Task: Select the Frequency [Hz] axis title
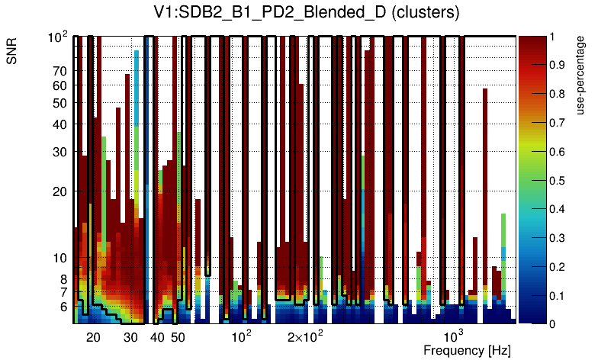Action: pyautogui.click(x=467, y=350)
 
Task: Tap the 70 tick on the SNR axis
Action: pyautogui.click(x=59, y=71)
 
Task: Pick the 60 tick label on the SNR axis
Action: pyautogui.click(x=59, y=85)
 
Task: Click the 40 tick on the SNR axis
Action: pyautogui.click(x=59, y=124)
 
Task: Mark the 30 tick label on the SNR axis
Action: pyautogui.click(x=59, y=152)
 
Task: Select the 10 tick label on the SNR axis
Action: pyautogui.click(x=59, y=258)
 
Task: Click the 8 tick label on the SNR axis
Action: pyautogui.click(x=63, y=279)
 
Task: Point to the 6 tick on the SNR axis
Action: pyautogui.click(x=63, y=307)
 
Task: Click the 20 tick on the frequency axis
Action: pyautogui.click(x=93, y=337)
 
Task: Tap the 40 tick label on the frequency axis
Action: pyautogui.click(x=157, y=337)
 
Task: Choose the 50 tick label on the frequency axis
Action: pyautogui.click(x=178, y=337)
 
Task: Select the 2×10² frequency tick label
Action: pyautogui.click(x=305, y=336)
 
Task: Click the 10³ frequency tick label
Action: pyautogui.click(x=454, y=336)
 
